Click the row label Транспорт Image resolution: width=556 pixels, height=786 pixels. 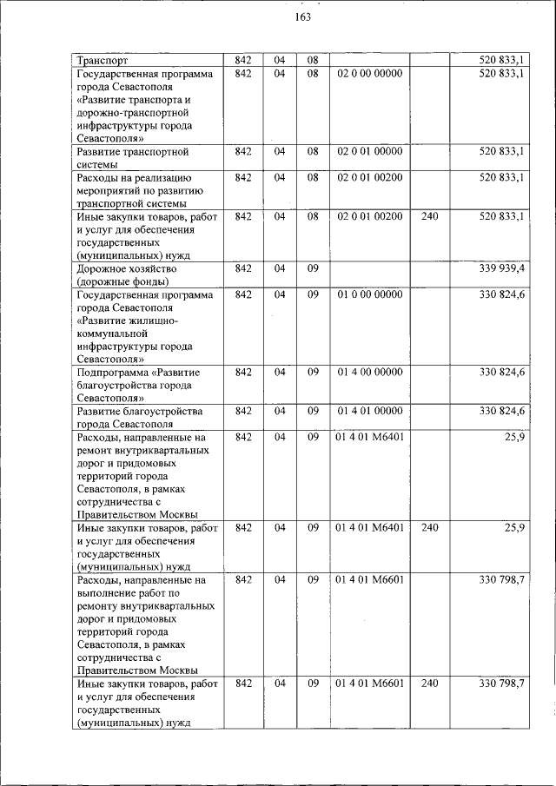pos(103,61)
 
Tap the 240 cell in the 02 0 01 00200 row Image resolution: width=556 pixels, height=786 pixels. pos(429,215)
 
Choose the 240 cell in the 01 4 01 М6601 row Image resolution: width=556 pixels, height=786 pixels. pos(429,684)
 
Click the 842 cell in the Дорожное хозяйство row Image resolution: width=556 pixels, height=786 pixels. pos(243,268)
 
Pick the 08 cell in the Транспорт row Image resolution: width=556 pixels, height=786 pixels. pos(313,61)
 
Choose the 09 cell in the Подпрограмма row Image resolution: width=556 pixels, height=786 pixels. pos(313,372)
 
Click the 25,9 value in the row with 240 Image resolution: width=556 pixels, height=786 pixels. pos(513,527)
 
